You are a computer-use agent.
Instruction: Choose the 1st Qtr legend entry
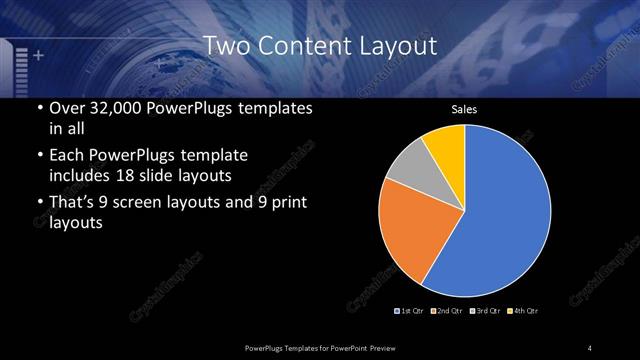pyautogui.click(x=410, y=311)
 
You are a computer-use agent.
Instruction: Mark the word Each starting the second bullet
pyautogui.click(x=66, y=155)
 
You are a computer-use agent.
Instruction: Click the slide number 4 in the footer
pyautogui.click(x=590, y=347)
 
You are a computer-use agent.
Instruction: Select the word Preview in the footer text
pyautogui.click(x=391, y=347)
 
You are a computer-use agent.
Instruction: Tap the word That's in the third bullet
pyautogui.click(x=73, y=203)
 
